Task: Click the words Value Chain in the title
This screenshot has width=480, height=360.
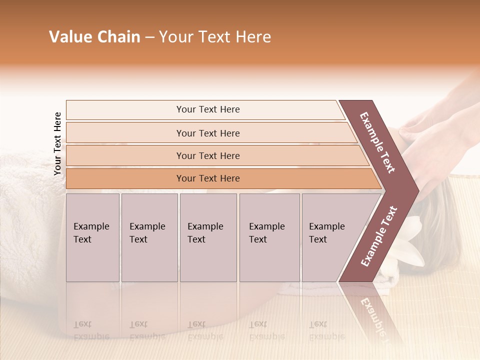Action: [94, 37]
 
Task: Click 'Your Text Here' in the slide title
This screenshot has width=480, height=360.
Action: [215, 37]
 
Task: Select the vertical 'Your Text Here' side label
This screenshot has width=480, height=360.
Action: [57, 143]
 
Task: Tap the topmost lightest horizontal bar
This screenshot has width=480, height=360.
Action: [207, 109]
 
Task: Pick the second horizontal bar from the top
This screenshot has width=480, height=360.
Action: [207, 133]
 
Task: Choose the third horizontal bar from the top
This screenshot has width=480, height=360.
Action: [207, 155]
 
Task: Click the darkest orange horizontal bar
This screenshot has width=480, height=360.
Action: [207, 178]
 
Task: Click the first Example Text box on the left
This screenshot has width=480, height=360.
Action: [92, 237]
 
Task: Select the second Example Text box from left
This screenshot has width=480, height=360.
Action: [149, 237]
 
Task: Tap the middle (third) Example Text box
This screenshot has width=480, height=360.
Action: [208, 237]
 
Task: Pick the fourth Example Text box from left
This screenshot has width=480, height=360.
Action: [269, 237]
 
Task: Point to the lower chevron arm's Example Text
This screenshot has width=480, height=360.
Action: [379, 236]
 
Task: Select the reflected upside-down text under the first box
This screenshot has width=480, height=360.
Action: [91, 330]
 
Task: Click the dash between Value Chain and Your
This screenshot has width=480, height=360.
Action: [149, 37]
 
